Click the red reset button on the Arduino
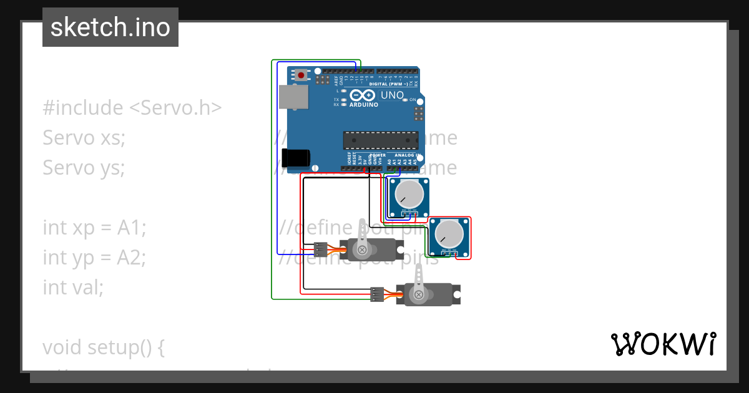click(x=301, y=75)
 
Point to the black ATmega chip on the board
click(x=374, y=141)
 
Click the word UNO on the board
click(x=392, y=95)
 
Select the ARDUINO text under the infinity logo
click(x=364, y=105)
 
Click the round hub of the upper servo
click(x=361, y=250)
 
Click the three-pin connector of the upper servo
click(x=321, y=250)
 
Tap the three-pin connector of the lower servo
click(x=376, y=294)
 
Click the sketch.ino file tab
click(x=110, y=27)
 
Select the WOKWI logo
click(x=663, y=344)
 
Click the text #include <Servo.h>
click(x=132, y=108)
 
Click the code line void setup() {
click(x=104, y=347)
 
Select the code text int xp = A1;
click(x=94, y=228)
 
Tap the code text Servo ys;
click(x=84, y=168)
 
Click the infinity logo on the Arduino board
click(x=362, y=95)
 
